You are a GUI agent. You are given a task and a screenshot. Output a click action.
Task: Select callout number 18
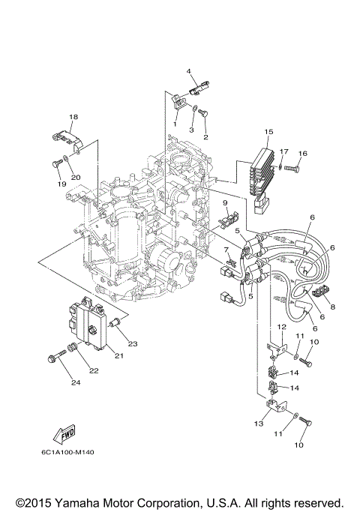point(73,117)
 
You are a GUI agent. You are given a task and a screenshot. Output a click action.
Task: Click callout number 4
point(190,72)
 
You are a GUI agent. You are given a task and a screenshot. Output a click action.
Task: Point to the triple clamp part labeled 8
point(327,291)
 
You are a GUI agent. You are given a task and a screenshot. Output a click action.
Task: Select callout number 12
point(281,328)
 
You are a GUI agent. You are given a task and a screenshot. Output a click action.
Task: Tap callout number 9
point(224,202)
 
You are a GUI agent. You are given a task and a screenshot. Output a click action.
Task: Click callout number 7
point(226,249)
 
